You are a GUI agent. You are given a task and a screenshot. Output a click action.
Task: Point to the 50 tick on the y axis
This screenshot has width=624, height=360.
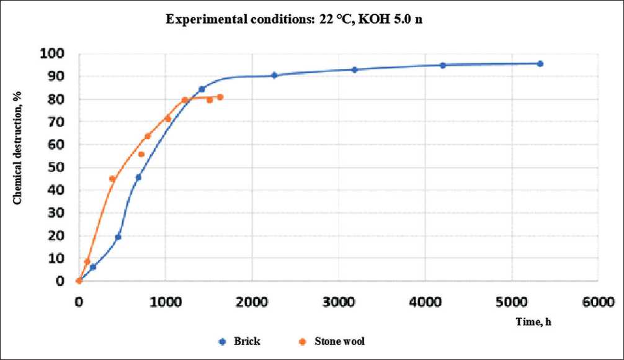pyautogui.click(x=58, y=168)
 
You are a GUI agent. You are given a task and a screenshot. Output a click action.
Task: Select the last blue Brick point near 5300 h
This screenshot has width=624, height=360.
pyautogui.click(x=540, y=63)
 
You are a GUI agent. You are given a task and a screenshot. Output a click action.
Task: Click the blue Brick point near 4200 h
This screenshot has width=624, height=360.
pyautogui.click(x=443, y=65)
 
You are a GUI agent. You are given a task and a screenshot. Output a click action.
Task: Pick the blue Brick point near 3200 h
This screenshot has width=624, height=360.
pyautogui.click(x=354, y=70)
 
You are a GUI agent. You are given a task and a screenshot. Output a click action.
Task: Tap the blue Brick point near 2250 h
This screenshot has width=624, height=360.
pyautogui.click(x=274, y=75)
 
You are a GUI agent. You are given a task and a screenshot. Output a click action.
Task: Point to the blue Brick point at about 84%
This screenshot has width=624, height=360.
pyautogui.click(x=202, y=89)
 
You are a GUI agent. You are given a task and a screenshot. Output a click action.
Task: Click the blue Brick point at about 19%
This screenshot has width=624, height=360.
pyautogui.click(x=118, y=237)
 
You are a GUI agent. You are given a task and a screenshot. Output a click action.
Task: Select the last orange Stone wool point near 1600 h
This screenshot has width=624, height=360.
pyautogui.click(x=220, y=97)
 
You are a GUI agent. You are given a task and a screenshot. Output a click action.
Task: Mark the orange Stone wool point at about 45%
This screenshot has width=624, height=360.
pyautogui.click(x=112, y=179)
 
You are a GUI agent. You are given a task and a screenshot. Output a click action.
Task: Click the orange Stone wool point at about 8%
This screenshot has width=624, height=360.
pyautogui.click(x=87, y=261)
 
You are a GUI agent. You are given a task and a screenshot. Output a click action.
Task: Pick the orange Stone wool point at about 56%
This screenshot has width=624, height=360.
pyautogui.click(x=141, y=155)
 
